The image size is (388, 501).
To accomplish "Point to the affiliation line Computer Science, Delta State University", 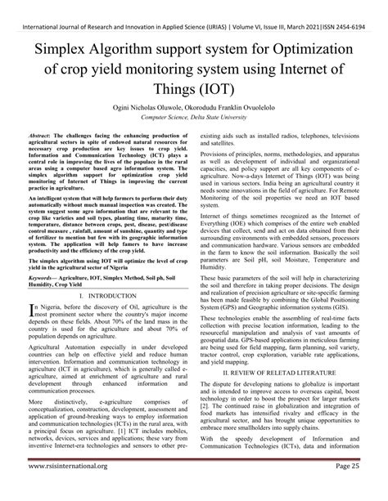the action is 194,119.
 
